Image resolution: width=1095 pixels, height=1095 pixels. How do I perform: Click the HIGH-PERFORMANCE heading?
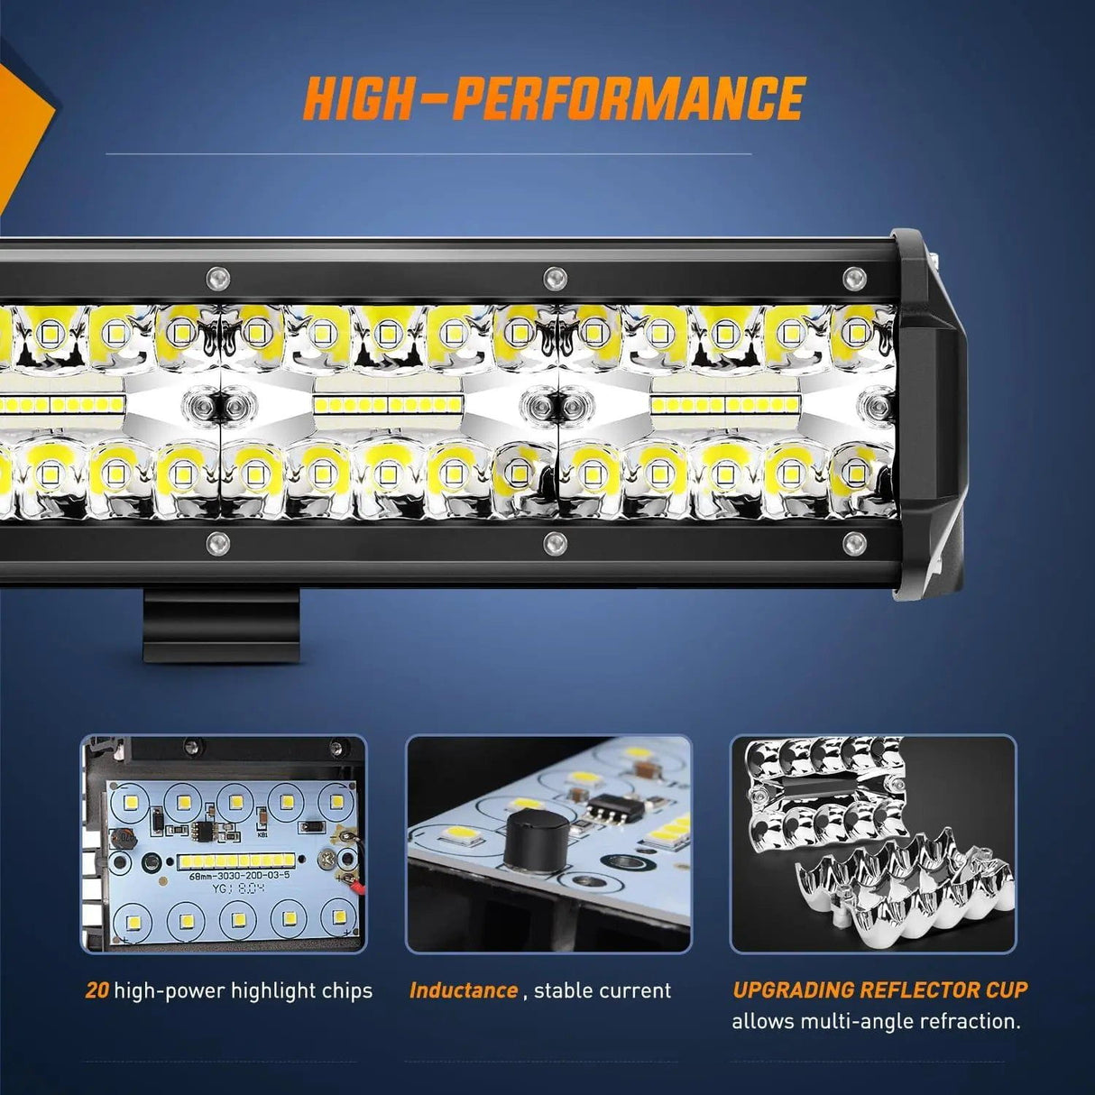[x=554, y=98]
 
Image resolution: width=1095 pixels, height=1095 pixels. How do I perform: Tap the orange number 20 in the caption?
[x=97, y=990]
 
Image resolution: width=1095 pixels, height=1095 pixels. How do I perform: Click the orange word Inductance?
[x=464, y=990]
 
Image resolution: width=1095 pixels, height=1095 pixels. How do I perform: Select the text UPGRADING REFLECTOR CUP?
[x=879, y=989]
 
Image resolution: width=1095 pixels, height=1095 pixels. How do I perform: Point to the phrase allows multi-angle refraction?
[x=876, y=1022]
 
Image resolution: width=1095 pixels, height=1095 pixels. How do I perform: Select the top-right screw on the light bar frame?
[x=852, y=276]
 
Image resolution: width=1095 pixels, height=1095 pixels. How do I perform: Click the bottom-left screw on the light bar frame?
[x=217, y=542]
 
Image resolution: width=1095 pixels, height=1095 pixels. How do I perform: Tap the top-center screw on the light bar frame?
[x=555, y=276]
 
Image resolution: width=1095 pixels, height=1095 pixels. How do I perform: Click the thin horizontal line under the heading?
[x=428, y=154]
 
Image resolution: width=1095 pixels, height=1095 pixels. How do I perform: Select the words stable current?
[x=603, y=990]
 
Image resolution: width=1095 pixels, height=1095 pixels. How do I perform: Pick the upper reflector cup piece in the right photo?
[x=825, y=785]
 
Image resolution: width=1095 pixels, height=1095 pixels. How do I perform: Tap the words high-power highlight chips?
[x=243, y=990]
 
